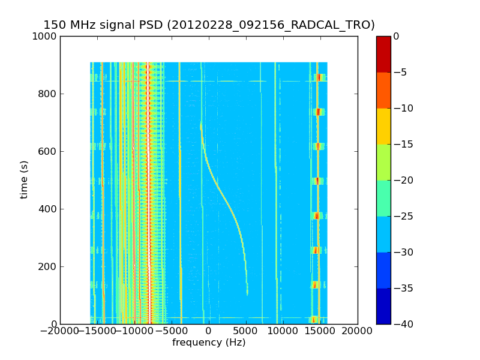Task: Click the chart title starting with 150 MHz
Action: (x=209, y=25)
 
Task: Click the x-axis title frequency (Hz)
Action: (x=209, y=343)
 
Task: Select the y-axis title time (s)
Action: (x=24, y=179)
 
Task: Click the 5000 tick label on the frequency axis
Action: (x=246, y=331)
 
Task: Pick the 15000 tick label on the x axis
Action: (x=320, y=331)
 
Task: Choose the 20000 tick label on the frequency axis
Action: (x=358, y=331)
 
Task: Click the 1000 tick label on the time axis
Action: (x=45, y=36)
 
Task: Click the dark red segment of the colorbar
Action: (x=383, y=54)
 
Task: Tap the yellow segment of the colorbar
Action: (x=383, y=126)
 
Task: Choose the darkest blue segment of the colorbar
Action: (x=383, y=306)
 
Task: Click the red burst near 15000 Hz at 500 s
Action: (x=317, y=181)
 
